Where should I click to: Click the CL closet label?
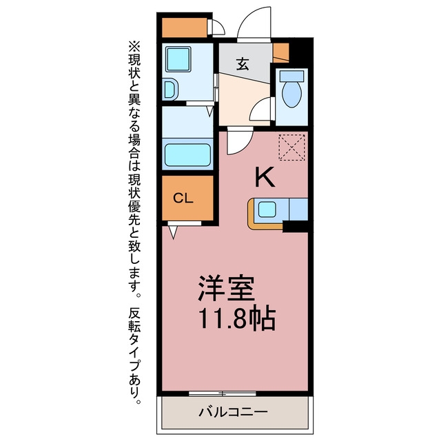tap(183, 198)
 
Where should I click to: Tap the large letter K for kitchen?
tap(265, 177)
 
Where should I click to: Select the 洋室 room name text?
tap(227, 289)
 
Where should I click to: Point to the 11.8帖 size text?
tap(237, 318)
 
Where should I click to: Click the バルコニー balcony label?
tap(233, 413)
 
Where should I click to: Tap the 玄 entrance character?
tap(243, 64)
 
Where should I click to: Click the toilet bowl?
tap(292, 93)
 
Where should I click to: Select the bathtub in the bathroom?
tap(187, 155)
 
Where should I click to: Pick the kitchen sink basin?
tap(267, 209)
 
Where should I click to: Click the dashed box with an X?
tap(291, 147)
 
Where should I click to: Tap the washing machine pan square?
tap(178, 59)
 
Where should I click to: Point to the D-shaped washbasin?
tap(171, 90)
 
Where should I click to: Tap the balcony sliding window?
tap(222, 393)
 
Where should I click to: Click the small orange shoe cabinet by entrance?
tap(281, 52)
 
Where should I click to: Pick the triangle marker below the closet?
tap(173, 232)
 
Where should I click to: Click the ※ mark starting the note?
tap(134, 46)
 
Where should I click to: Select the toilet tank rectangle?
tap(292, 76)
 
